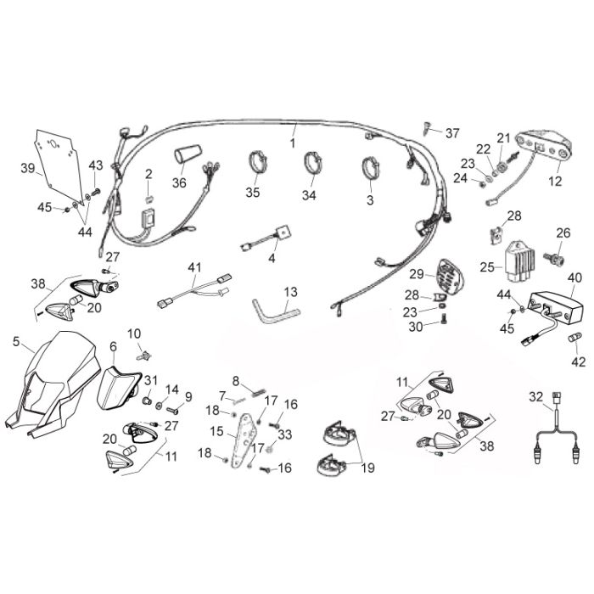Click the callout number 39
(28, 168)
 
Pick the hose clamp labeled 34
(313, 163)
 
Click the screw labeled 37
(426, 129)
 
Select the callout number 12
(555, 181)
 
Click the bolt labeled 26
(555, 259)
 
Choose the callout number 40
(574, 277)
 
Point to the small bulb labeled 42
(575, 337)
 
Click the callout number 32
(536, 396)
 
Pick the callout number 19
(367, 468)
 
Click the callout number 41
(194, 267)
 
